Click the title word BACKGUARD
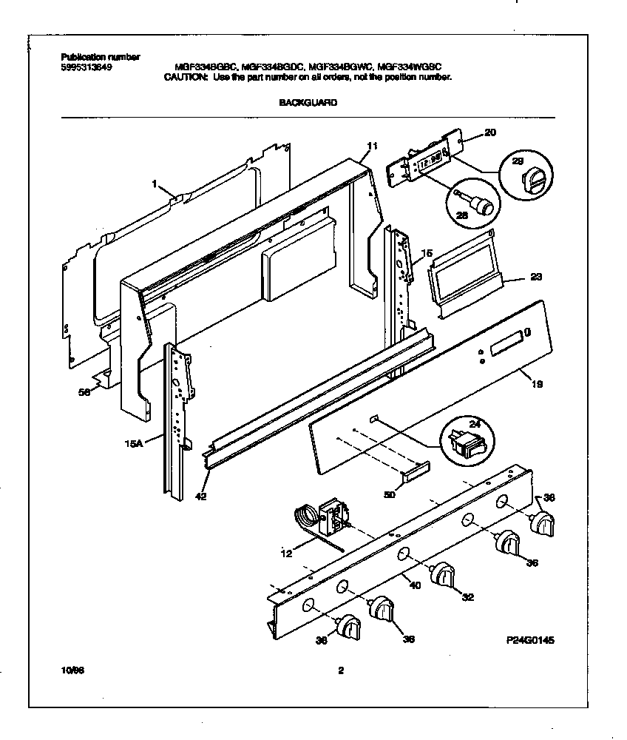pyautogui.click(x=308, y=104)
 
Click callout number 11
pyautogui.click(x=372, y=146)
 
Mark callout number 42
pyautogui.click(x=200, y=497)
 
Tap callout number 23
pyautogui.click(x=535, y=278)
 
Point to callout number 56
pyautogui.click(x=85, y=394)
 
